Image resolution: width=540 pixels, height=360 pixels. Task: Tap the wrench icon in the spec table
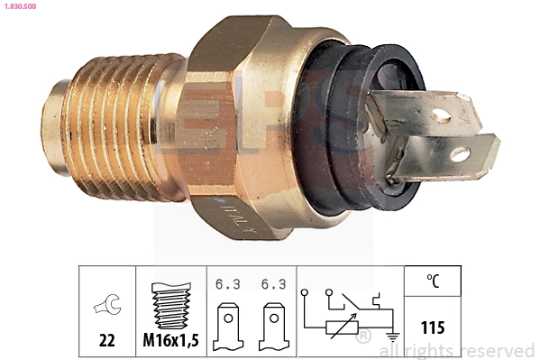click(x=106, y=307)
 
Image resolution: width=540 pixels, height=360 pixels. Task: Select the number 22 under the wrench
click(x=106, y=340)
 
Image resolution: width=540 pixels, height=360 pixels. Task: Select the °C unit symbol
click(x=432, y=282)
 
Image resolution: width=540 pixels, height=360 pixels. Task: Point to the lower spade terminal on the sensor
click(x=451, y=159)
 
